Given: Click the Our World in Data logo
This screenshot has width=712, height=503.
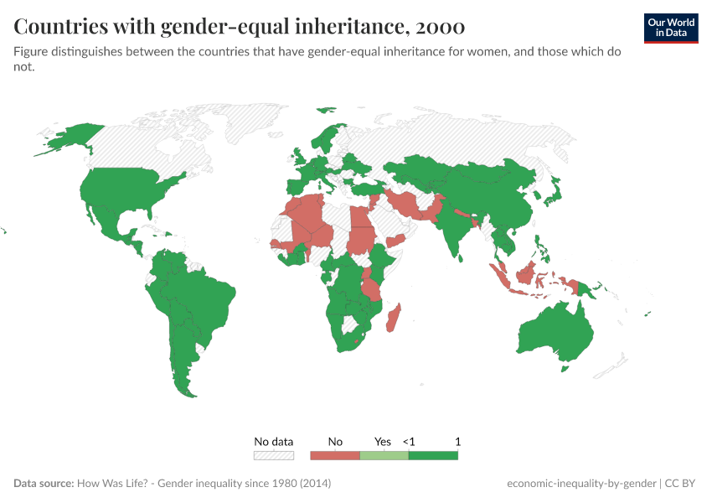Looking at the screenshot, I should coord(671,28).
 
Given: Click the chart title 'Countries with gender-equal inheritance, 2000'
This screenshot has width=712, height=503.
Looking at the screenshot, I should coord(240,27).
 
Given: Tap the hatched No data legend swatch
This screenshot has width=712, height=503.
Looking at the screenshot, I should coord(274,455).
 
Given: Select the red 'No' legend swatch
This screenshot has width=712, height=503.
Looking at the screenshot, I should coord(335,455).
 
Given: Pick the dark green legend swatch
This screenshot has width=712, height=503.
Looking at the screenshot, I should coord(433,455).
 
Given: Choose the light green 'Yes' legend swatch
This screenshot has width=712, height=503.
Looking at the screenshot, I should coord(384,455).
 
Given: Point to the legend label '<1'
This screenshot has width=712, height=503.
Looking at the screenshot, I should coord(409,441).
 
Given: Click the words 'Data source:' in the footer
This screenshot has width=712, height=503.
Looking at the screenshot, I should coord(44,484).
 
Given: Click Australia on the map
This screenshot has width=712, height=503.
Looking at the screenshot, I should coord(554,331).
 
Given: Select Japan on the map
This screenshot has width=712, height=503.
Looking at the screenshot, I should coord(553,194).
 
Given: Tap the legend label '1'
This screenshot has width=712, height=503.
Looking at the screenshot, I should coord(458,441).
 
